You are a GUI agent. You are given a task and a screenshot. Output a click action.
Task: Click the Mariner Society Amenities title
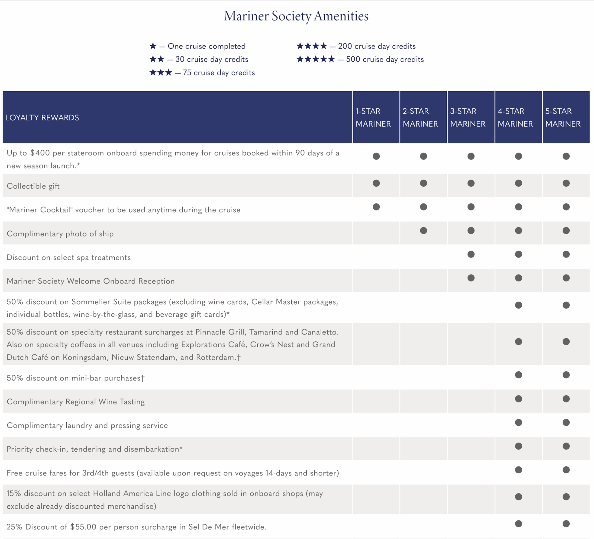click(296, 16)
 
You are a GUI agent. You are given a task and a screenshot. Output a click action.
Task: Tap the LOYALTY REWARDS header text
click(42, 118)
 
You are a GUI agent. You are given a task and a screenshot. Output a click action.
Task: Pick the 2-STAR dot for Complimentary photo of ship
click(423, 230)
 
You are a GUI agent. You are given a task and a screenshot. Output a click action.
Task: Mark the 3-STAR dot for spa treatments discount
click(471, 254)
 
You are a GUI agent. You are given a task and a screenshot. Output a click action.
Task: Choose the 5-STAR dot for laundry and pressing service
click(566, 422)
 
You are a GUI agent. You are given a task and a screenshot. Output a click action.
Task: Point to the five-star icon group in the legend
click(316, 59)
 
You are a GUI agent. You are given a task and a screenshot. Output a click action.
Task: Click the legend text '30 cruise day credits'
click(212, 59)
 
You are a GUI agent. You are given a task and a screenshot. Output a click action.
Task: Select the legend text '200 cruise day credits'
click(377, 46)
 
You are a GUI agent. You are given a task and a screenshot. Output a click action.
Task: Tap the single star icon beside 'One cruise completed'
click(153, 46)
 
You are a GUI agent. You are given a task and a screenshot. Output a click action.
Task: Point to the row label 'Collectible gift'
click(33, 186)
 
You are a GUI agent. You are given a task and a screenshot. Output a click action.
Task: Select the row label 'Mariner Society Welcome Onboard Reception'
click(90, 281)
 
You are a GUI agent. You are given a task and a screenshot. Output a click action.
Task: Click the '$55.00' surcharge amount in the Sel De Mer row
click(83, 527)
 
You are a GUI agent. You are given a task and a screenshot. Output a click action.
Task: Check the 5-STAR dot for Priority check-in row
click(566, 446)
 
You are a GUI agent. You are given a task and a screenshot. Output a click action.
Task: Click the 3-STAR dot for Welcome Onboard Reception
click(471, 278)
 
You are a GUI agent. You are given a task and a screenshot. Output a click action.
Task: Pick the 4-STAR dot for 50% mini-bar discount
click(518, 375)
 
